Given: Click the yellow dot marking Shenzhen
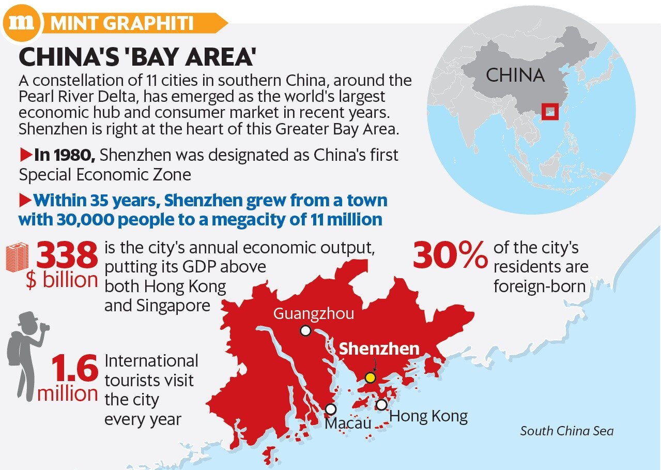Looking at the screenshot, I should coord(370,377).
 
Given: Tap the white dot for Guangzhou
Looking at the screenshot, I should coord(306,330).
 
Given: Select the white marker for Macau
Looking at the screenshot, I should coord(331,409).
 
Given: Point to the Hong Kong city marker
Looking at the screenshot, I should coord(381,404).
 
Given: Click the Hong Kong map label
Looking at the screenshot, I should coord(428,416).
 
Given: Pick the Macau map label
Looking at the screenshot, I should coord(348,423).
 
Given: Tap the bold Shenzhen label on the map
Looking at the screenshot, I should coord(379,348).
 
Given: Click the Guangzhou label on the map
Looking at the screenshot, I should coord(313,313).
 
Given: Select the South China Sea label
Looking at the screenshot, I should coord(566,431).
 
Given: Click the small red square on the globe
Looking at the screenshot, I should coord(550,111).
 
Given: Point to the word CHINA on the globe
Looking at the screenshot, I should coord(515,75).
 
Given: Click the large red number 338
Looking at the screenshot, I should coord(67,256).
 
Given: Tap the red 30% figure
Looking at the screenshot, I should coord(450,255).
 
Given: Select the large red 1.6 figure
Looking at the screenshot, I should coord(74,370).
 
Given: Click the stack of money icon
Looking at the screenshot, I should coord(17,259).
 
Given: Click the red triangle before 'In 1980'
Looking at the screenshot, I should coord(25,154).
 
